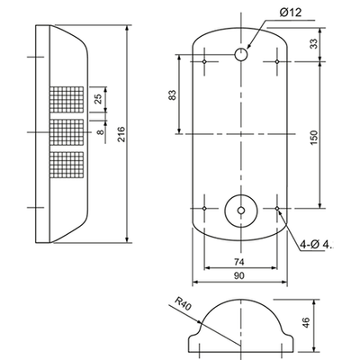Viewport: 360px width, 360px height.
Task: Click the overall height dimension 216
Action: [x=123, y=135]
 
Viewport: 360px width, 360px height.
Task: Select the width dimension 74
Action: [x=240, y=262]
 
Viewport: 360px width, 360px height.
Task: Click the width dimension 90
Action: [x=240, y=277]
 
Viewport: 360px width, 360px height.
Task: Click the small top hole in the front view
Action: [x=241, y=54]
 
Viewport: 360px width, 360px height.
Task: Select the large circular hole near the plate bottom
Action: [x=241, y=208]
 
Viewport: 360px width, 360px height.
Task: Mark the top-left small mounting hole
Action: [x=205, y=62]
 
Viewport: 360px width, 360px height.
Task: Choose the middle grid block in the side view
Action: [x=67, y=131]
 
